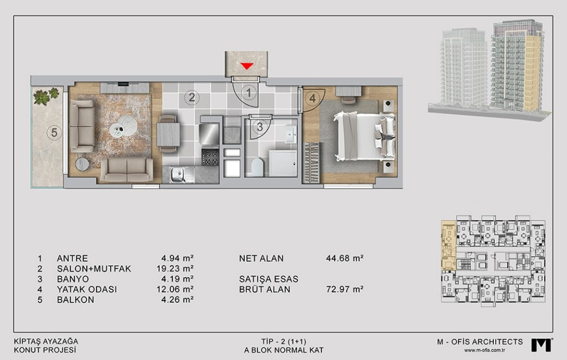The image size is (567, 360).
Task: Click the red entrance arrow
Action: click(x=247, y=66)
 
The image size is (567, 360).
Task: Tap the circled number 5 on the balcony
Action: click(x=54, y=133)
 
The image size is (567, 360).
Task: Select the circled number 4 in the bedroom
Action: click(x=313, y=98)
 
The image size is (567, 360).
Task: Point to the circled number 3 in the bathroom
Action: click(x=260, y=127)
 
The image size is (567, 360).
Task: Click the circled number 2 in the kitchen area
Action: click(x=192, y=97)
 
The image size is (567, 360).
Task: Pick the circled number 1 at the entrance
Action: click(x=248, y=93)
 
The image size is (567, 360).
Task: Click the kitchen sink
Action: click(x=178, y=175)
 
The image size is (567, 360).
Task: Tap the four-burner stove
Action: click(x=210, y=158)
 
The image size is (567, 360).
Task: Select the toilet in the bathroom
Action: click(x=256, y=167)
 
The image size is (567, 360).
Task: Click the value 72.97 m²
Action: click(x=344, y=289)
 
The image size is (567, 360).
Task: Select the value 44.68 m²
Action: click(x=344, y=258)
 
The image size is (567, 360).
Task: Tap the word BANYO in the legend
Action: click(x=73, y=279)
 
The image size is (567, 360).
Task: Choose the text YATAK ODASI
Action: click(x=87, y=290)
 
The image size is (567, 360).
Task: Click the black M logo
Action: click(x=541, y=345)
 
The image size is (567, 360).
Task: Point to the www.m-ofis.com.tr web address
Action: click(x=485, y=350)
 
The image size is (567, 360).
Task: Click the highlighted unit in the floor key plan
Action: click(x=449, y=245)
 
